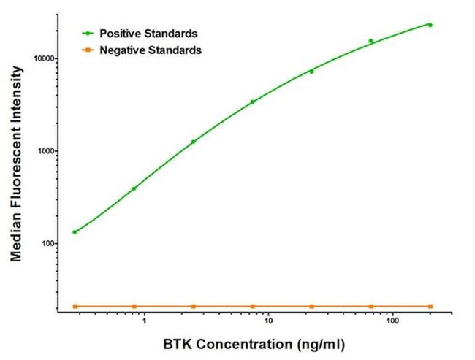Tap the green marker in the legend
point(88,34)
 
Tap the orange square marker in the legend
point(88,50)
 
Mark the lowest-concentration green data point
point(75,232)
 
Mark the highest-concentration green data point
point(430,25)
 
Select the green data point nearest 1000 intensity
point(193,142)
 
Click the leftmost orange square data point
point(75,306)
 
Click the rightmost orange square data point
point(430,306)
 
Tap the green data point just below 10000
point(311,72)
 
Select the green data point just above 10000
point(370,41)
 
